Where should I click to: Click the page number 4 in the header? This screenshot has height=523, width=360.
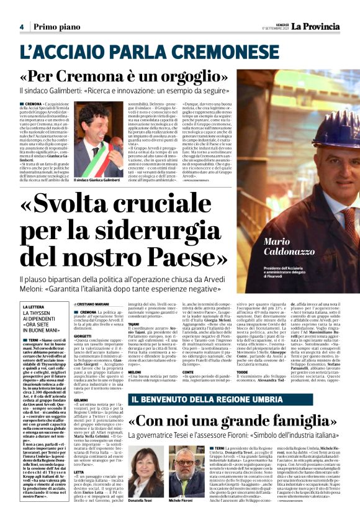[21, 27]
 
